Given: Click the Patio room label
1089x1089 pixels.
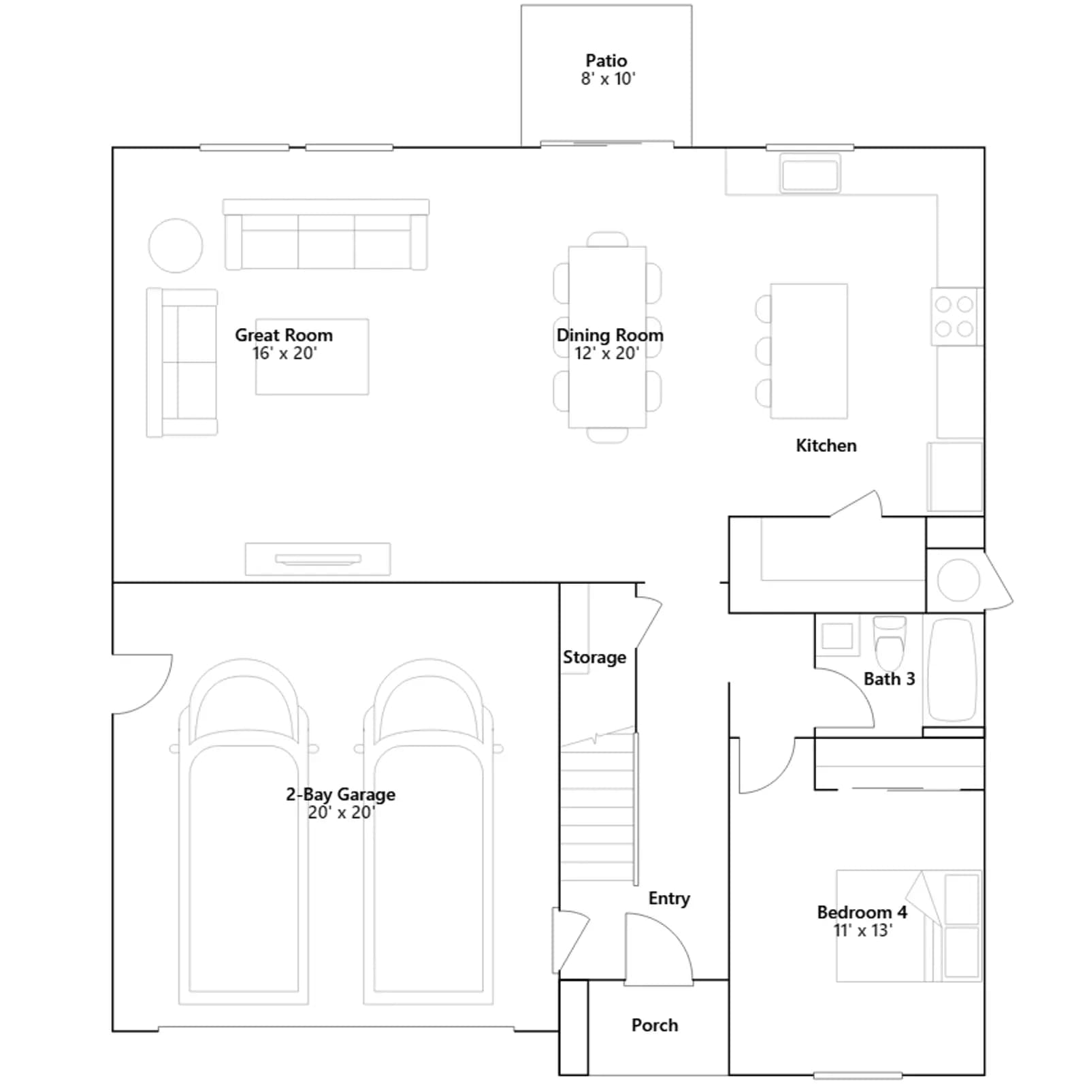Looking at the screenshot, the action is [606, 61].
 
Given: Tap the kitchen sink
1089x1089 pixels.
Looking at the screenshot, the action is [810, 173].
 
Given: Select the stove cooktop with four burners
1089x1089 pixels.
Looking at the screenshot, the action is [955, 316].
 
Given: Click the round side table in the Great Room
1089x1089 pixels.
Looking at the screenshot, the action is [176, 246].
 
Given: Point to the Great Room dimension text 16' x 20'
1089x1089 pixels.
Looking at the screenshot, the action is [285, 353].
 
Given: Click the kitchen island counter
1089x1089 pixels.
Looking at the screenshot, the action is [809, 351].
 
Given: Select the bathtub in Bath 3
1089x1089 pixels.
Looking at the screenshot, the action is [953, 670].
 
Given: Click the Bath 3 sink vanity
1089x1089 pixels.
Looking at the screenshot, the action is [837, 636].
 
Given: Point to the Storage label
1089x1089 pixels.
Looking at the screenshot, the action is [594, 657].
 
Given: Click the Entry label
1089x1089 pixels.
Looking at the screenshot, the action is [669, 898].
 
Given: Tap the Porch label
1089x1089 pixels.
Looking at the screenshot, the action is [655, 1025].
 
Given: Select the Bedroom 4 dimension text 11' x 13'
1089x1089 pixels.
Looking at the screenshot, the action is [862, 930].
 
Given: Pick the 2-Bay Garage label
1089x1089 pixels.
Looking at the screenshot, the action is [340, 794].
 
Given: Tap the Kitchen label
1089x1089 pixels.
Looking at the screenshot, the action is [826, 446].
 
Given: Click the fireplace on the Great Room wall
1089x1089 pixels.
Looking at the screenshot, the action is [318, 559].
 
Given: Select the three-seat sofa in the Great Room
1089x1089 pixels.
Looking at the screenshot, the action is [326, 235].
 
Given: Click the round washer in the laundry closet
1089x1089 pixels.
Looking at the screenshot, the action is [958, 580].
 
